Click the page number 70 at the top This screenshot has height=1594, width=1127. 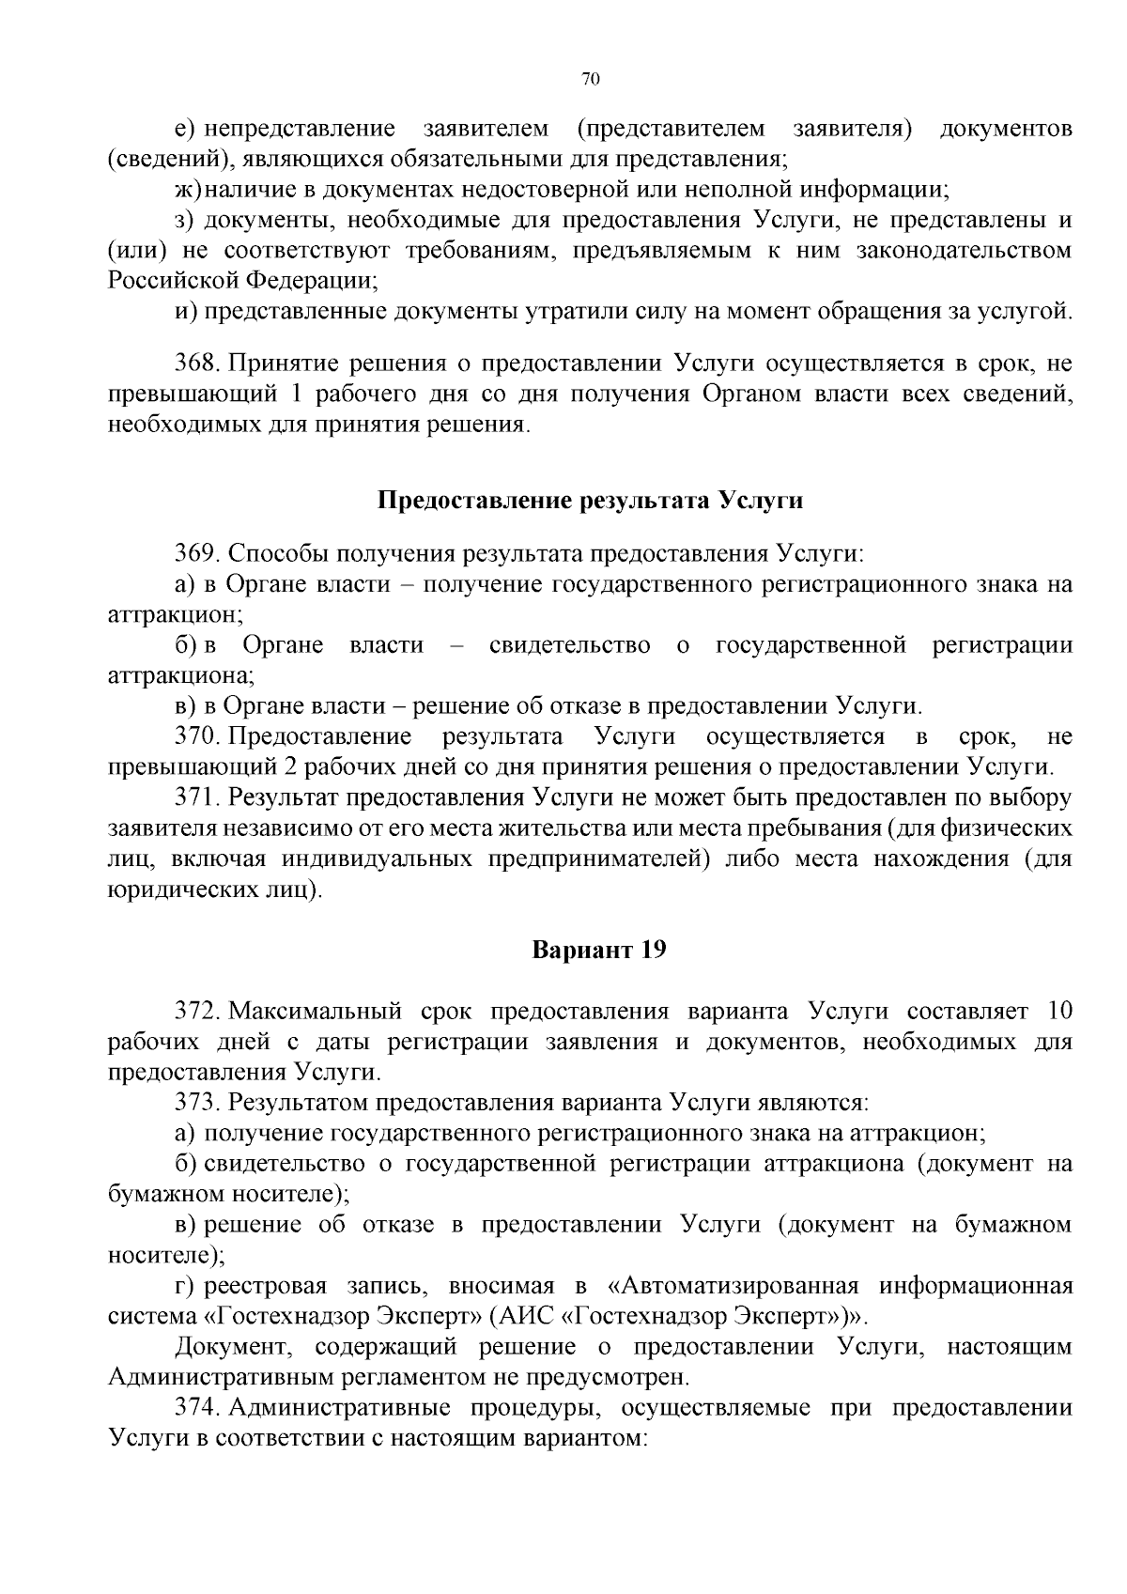(591, 80)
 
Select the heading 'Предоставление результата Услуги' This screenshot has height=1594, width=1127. (590, 500)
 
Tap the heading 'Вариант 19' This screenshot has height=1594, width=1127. (599, 950)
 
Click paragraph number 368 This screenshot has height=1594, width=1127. (198, 364)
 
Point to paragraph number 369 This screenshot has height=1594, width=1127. (198, 553)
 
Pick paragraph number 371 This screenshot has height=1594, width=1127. (198, 797)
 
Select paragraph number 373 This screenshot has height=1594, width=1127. (198, 1102)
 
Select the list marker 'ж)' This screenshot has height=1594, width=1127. (188, 190)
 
